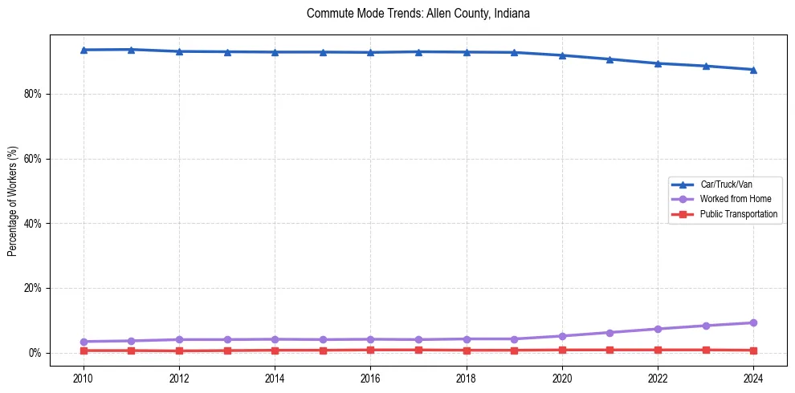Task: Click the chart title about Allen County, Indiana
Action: click(418, 14)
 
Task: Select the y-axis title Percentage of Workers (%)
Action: click(12, 201)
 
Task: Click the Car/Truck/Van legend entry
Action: click(725, 184)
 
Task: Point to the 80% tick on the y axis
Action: click(33, 94)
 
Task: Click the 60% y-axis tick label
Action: click(33, 159)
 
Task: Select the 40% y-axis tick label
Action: click(33, 224)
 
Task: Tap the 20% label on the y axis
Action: click(33, 288)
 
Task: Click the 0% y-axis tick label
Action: click(35, 353)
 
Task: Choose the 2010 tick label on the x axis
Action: click(84, 377)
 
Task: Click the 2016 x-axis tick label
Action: click(370, 377)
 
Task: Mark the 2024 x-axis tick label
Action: click(753, 377)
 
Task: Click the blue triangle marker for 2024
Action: click(753, 70)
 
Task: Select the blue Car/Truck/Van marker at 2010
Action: click(84, 50)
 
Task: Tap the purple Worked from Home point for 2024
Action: click(753, 322)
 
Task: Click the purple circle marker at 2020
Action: click(562, 336)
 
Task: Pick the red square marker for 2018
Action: click(467, 350)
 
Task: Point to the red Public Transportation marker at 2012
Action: click(179, 351)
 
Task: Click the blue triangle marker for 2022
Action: click(658, 63)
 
